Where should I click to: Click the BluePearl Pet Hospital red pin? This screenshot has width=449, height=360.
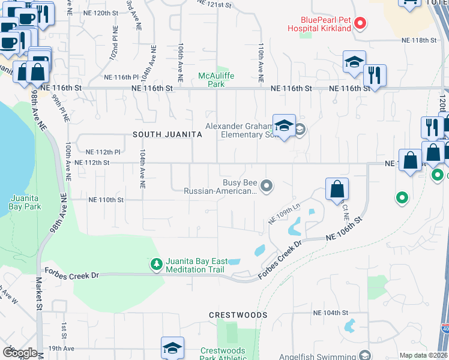click(360, 24)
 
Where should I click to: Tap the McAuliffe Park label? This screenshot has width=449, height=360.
click(212, 80)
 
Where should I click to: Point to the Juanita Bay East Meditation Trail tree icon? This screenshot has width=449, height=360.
click(156, 264)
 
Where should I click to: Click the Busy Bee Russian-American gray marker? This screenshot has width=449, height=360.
click(268, 187)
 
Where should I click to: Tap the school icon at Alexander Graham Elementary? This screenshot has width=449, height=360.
click(284, 126)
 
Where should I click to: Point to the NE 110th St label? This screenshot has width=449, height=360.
click(106, 200)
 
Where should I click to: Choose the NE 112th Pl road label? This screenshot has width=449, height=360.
click(103, 152)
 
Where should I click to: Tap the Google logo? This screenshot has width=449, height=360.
click(19, 352)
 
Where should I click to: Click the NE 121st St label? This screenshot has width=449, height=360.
click(214, 5)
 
